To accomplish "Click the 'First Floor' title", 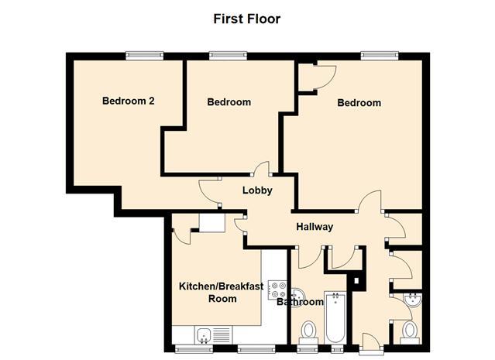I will pos(247,18).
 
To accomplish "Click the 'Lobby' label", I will pos(257,191).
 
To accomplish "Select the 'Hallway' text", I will pos(315,227).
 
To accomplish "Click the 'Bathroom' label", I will pos(300,302).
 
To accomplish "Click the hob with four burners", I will pos(276,290).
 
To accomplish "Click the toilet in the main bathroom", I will pos(308,332).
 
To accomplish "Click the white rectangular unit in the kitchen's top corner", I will pos(210,222).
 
